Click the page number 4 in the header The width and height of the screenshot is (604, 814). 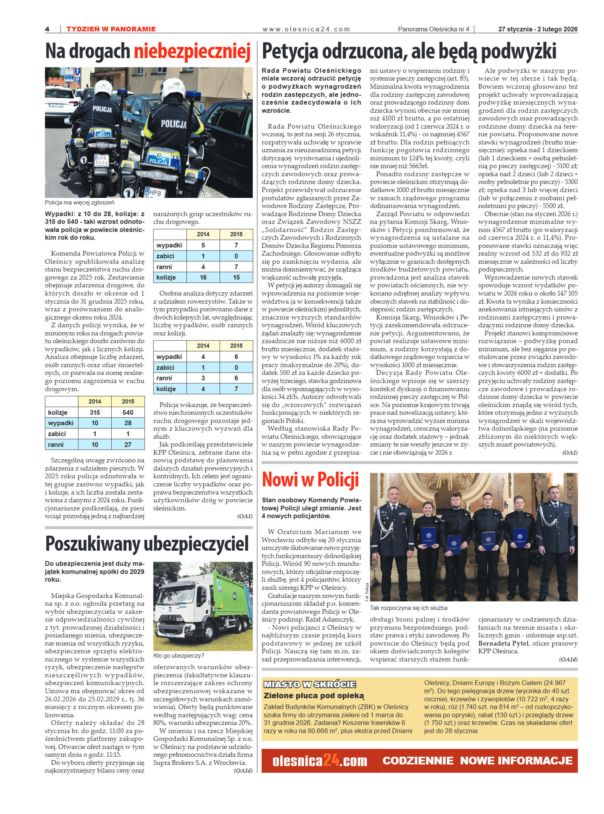(x=47, y=29)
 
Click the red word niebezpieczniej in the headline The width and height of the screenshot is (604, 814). (x=192, y=52)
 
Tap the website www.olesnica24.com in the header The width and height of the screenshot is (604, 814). (x=306, y=29)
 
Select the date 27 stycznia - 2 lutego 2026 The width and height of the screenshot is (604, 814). (x=537, y=29)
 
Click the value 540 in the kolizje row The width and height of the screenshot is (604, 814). (x=128, y=412)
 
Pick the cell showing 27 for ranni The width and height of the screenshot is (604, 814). (x=128, y=445)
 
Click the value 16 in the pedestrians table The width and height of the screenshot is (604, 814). (x=203, y=277)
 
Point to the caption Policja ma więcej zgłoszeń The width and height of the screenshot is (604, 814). (x=79, y=203)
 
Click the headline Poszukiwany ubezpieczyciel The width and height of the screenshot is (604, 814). (x=147, y=544)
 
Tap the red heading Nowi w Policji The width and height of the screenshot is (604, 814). (x=310, y=479)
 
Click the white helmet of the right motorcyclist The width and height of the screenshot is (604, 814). (x=173, y=89)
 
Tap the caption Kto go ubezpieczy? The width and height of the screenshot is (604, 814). (x=178, y=656)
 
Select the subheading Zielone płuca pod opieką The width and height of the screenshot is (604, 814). (x=314, y=696)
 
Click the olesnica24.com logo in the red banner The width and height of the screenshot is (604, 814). (x=319, y=761)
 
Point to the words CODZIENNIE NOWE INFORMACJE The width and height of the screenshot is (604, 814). (x=477, y=761)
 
